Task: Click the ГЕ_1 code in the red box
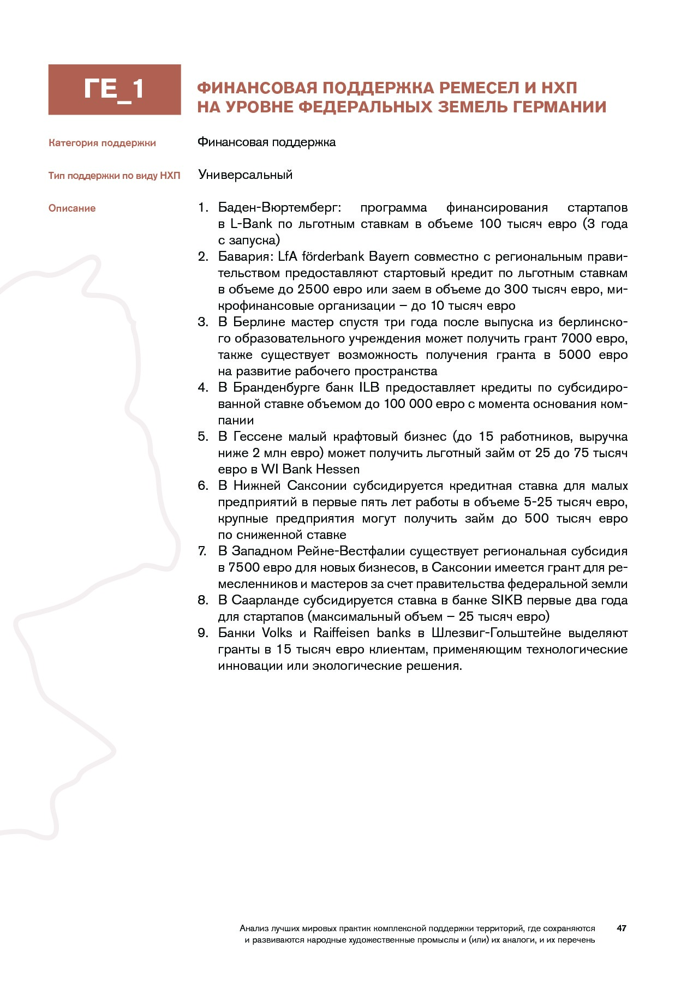(x=114, y=89)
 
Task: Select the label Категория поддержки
(x=102, y=143)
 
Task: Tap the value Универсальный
(x=246, y=175)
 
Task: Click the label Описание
(x=72, y=208)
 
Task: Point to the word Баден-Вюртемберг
(x=279, y=208)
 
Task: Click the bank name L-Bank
(x=251, y=224)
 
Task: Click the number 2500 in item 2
(x=314, y=290)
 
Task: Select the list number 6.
(x=202, y=486)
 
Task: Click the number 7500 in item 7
(x=245, y=568)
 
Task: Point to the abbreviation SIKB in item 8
(x=507, y=601)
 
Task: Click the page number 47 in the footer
(x=621, y=928)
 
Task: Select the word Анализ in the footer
(x=252, y=928)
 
